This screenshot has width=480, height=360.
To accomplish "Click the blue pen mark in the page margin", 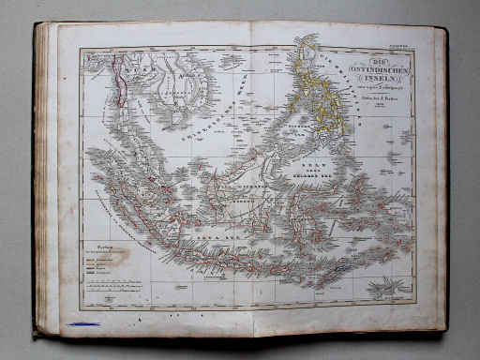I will pyautogui.click(x=83, y=324).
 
